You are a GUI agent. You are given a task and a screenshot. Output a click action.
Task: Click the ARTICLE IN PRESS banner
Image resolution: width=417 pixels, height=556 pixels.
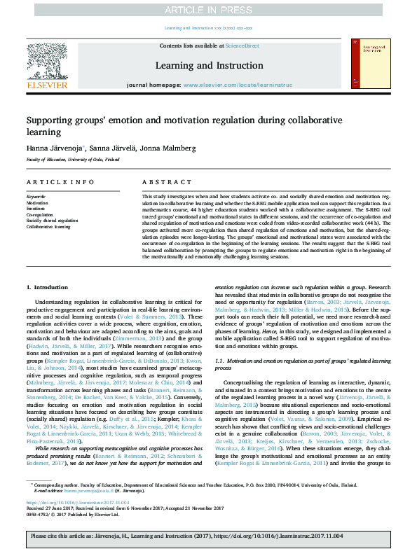point(208,10)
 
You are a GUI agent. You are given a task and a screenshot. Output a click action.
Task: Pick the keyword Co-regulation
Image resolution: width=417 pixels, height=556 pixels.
point(39,214)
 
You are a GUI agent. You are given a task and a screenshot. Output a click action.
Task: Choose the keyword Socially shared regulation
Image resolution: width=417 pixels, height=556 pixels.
point(52,221)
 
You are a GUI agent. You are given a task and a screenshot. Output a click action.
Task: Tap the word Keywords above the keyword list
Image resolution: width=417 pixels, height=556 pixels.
point(36,197)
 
